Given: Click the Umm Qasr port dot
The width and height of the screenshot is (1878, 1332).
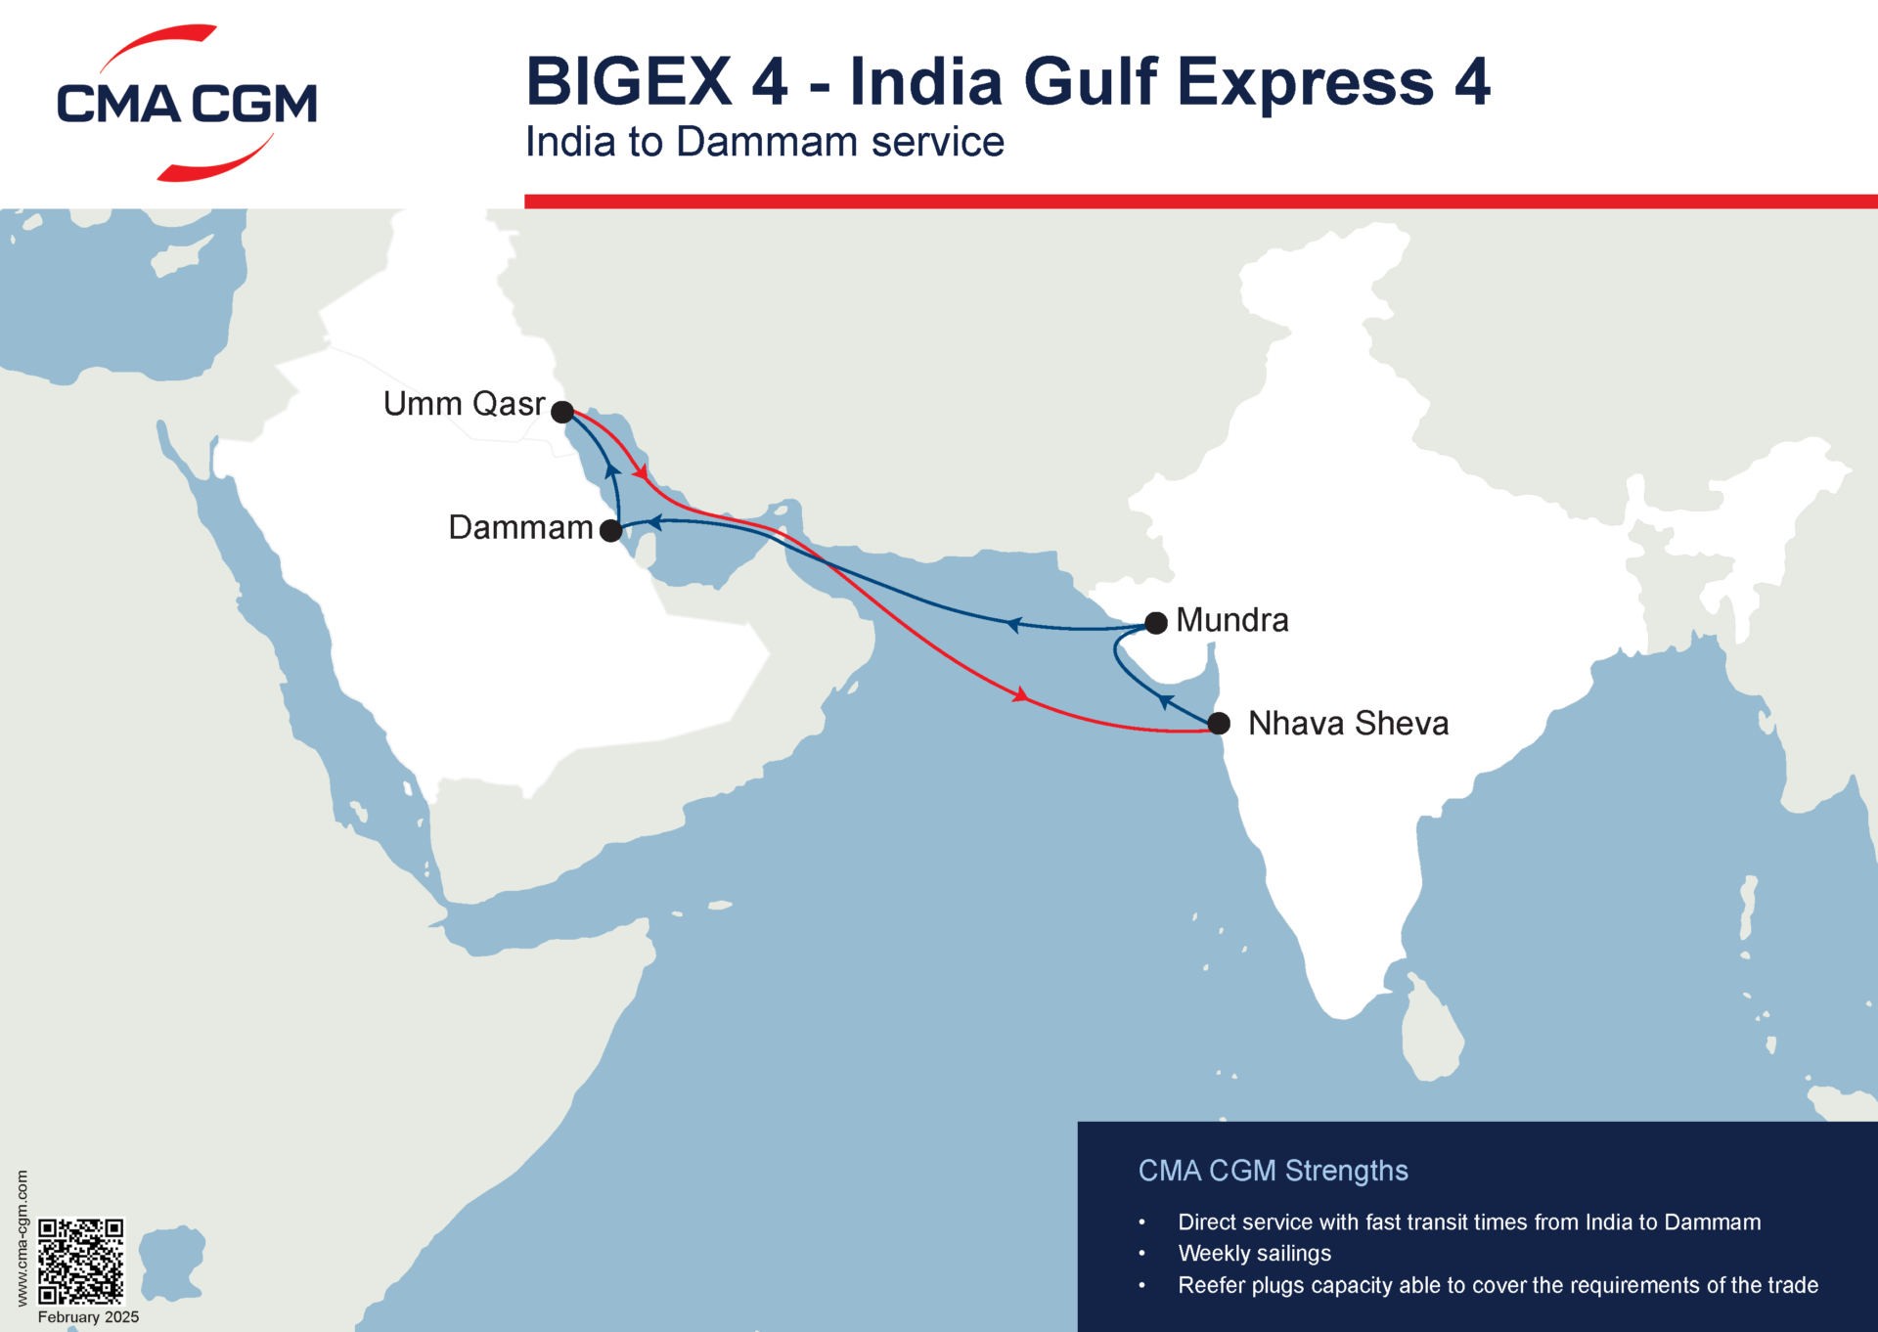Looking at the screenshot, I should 562,412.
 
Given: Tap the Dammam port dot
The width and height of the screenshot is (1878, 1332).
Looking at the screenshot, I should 610,531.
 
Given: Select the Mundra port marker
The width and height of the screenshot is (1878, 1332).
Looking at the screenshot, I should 1156,623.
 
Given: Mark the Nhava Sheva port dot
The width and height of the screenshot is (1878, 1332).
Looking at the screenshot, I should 1219,724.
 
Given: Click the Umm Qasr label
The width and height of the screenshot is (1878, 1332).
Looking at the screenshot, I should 464,404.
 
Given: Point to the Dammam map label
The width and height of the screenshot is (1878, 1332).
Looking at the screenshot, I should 520,528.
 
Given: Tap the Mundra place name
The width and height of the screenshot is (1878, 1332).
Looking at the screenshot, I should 1232,620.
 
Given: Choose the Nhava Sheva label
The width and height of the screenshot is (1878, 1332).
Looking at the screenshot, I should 1348,724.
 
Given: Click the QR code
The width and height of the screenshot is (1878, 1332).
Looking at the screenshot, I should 81,1261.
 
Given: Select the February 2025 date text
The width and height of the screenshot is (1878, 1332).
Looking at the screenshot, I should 88,1317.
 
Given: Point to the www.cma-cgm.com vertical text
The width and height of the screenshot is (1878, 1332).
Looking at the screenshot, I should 22,1238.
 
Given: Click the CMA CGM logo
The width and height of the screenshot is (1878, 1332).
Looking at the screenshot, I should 187,103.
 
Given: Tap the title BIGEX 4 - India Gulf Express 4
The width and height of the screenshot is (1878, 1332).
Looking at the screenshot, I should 1007,81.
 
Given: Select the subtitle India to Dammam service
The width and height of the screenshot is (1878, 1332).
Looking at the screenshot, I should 764,142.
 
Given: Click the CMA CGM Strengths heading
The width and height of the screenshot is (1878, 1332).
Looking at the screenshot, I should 1273,1171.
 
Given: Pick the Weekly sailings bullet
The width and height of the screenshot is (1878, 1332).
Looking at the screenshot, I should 1254,1254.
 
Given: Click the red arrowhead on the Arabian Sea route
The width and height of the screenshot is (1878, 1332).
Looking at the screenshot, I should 1019,695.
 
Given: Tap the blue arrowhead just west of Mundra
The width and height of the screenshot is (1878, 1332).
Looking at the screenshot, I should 1013,624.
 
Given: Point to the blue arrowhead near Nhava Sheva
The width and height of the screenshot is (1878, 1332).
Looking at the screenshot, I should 1164,700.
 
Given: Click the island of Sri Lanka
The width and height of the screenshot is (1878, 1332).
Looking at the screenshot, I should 1430,1033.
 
